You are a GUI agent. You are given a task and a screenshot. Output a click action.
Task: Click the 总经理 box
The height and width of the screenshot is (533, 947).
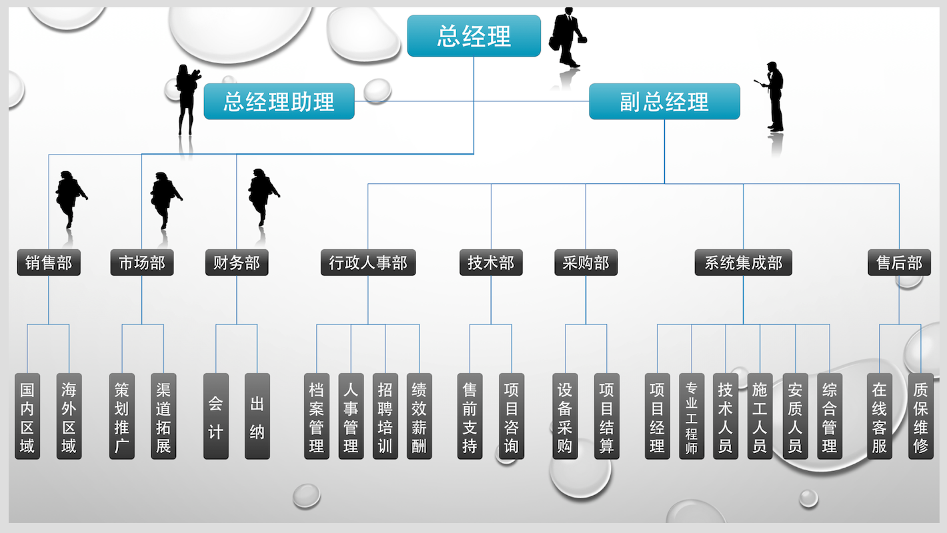[473, 36]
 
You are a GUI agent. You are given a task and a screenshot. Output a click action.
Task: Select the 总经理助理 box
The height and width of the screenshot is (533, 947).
[279, 102]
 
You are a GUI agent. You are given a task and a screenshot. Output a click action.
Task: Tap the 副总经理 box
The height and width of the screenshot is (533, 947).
[664, 102]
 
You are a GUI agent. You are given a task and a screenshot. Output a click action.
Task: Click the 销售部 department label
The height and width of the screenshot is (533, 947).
[49, 263]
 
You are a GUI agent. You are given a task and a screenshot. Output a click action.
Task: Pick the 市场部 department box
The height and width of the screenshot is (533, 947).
[142, 263]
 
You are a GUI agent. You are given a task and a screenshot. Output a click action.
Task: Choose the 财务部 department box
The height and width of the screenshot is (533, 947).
[237, 263]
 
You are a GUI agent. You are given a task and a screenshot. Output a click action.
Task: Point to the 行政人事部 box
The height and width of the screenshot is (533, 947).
[368, 263]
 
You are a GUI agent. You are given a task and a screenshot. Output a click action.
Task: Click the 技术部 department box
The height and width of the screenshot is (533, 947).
[491, 263]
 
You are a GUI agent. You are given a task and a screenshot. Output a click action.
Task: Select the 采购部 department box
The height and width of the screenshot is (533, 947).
[586, 263]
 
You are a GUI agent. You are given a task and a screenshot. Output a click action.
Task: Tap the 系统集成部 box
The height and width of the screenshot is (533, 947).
[744, 263]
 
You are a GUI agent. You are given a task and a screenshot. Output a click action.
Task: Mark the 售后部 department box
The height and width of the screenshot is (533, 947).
[899, 263]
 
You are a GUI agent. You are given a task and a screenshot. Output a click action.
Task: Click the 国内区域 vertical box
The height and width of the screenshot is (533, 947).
[27, 416]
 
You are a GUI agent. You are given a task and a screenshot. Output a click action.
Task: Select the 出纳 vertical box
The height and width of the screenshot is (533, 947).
[257, 416]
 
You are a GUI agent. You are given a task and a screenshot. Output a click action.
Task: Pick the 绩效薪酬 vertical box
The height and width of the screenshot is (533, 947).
[419, 416]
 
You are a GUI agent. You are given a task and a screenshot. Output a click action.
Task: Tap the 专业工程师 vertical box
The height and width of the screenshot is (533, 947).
[692, 416]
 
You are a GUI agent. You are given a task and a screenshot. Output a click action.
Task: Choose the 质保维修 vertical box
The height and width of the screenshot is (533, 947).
[920, 416]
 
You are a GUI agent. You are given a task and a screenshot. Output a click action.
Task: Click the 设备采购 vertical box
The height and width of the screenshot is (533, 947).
[566, 416]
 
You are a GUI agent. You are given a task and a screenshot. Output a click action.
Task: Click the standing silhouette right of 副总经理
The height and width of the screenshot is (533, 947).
[774, 97]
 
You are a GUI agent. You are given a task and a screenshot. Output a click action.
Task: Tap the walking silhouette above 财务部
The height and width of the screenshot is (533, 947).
[262, 196]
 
